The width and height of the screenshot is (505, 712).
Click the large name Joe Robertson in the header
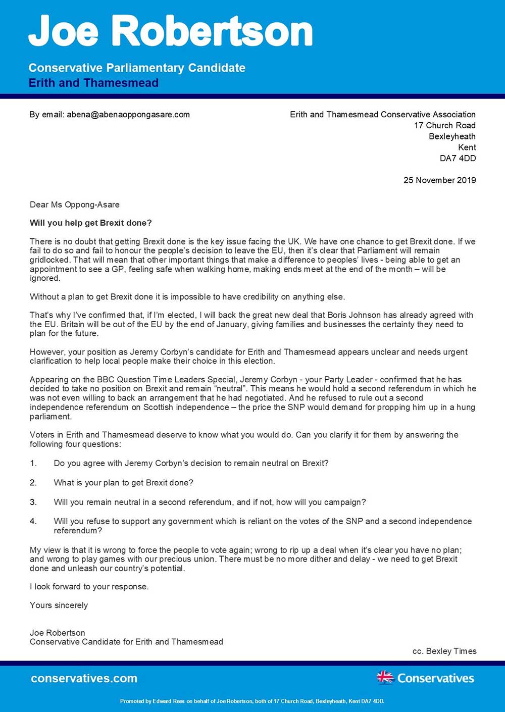(171, 31)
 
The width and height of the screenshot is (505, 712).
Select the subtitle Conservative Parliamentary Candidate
(137, 68)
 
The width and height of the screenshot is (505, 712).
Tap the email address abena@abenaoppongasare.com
(128, 115)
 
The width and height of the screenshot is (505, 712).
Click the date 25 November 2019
(439, 180)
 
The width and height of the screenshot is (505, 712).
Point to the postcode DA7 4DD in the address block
(458, 158)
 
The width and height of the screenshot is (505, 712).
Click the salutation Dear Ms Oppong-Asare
(75, 205)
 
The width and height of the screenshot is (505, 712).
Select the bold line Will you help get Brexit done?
(91, 223)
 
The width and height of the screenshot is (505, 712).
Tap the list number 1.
(33, 464)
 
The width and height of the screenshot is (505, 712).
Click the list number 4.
(33, 521)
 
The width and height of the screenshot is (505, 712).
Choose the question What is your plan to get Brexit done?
(124, 483)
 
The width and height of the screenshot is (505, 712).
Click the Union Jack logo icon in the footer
(385, 677)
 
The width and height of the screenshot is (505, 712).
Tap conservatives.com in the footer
(84, 678)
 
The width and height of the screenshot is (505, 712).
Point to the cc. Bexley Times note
(444, 651)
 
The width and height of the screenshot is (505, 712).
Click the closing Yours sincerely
(59, 605)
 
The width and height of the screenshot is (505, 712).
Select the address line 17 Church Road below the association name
(445, 126)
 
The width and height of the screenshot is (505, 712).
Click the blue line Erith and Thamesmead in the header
(93, 83)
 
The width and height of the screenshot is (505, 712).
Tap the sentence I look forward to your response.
(89, 587)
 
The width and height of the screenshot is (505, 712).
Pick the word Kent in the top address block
(467, 147)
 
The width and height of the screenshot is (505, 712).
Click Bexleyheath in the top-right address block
(452, 136)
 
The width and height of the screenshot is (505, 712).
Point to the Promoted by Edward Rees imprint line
(252, 701)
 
